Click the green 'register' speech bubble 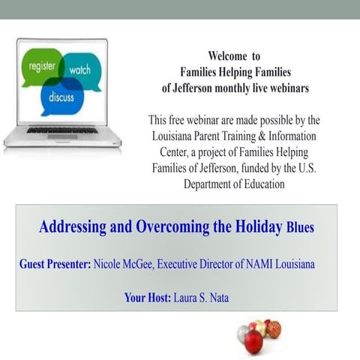41,67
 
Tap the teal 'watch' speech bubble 79,70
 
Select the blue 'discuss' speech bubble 61,97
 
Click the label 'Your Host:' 148,298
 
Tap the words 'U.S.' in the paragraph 303,169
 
